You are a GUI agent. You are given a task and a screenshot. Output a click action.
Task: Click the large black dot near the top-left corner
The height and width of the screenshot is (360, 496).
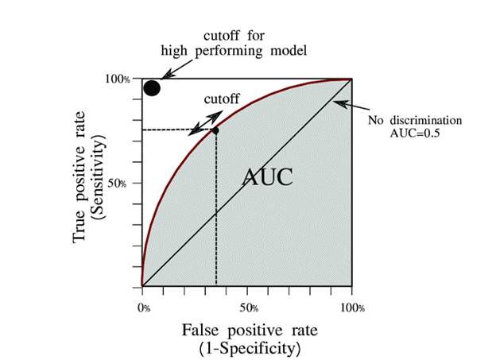pyautogui.click(x=152, y=87)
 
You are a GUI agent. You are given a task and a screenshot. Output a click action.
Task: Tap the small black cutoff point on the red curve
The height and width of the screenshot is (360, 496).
pyautogui.click(x=215, y=129)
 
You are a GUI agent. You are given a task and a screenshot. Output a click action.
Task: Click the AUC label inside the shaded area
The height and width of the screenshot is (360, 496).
pyautogui.click(x=268, y=176)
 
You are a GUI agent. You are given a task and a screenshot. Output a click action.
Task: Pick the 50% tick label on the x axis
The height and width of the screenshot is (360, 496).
pyautogui.click(x=248, y=307)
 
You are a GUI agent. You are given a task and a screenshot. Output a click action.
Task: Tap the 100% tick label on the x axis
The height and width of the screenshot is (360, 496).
pyautogui.click(x=352, y=307)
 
